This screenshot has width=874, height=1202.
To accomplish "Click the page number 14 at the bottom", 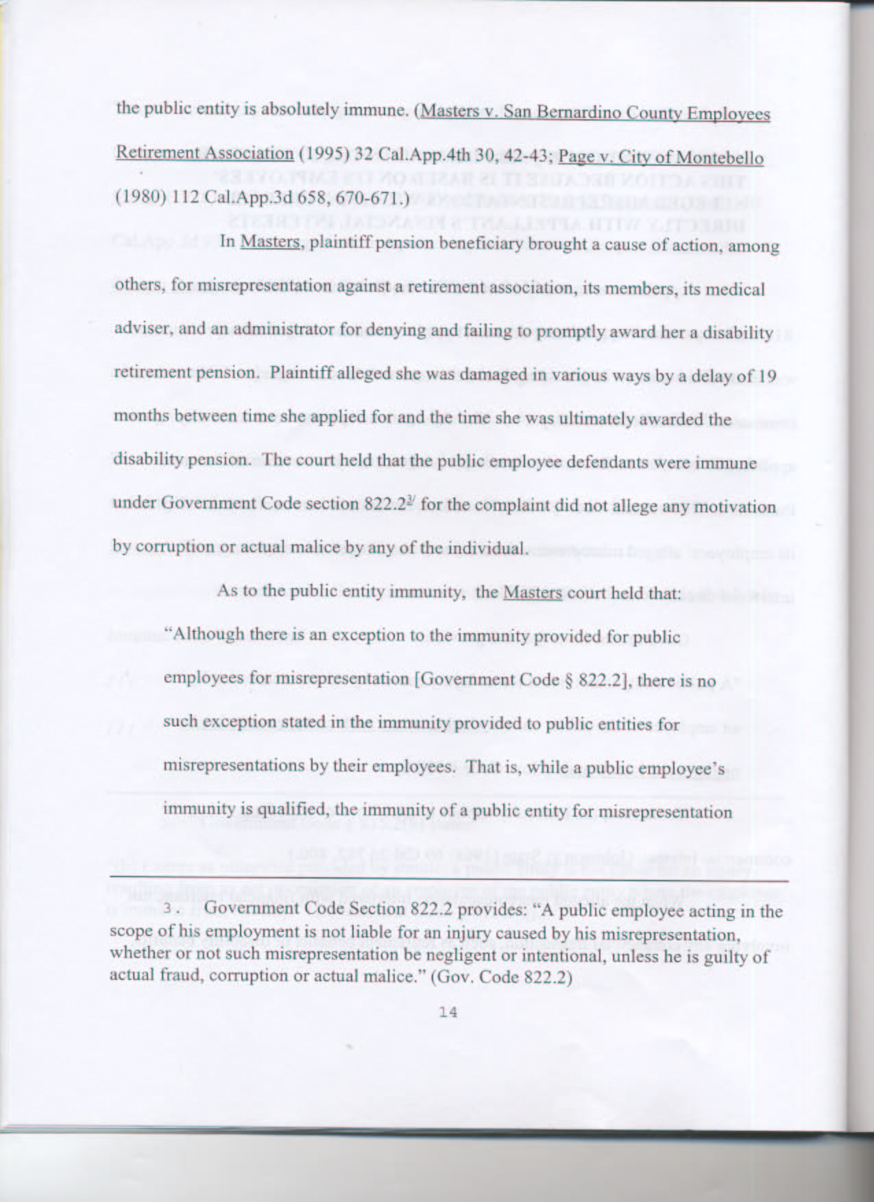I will (448, 1012).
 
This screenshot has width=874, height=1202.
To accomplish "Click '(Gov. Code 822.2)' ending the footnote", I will (501, 977).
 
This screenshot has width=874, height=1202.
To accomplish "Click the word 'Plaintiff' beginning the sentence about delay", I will (299, 373).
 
